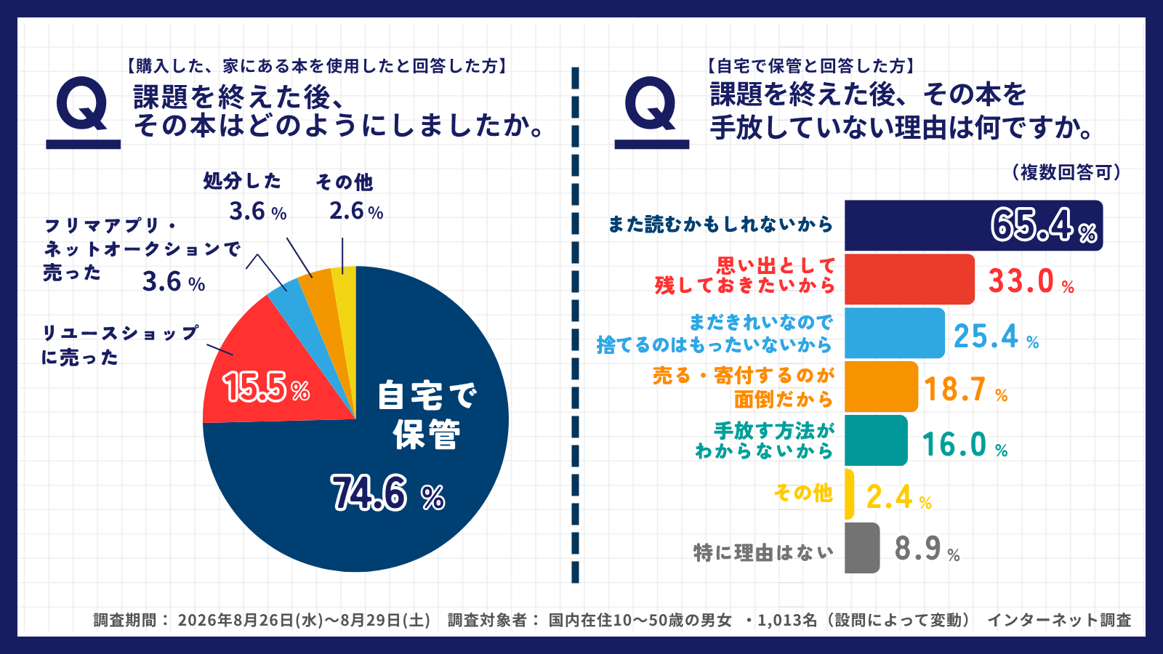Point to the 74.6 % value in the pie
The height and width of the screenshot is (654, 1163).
click(x=388, y=493)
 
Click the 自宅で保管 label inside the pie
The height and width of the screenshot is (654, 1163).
click(x=427, y=415)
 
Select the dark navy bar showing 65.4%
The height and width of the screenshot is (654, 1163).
click(x=973, y=225)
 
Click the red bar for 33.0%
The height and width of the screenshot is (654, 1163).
click(x=909, y=279)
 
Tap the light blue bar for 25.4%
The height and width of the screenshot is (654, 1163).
click(x=895, y=333)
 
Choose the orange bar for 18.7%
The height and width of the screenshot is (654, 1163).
click(x=881, y=387)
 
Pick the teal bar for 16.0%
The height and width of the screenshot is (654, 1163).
click(x=876, y=440)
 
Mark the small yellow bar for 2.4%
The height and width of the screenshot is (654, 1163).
click(x=849, y=494)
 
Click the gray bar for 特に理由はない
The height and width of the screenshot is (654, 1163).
click(x=862, y=548)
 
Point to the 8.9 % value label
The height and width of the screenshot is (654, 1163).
click(x=927, y=549)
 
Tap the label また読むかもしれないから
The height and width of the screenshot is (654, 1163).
click(x=720, y=225)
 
